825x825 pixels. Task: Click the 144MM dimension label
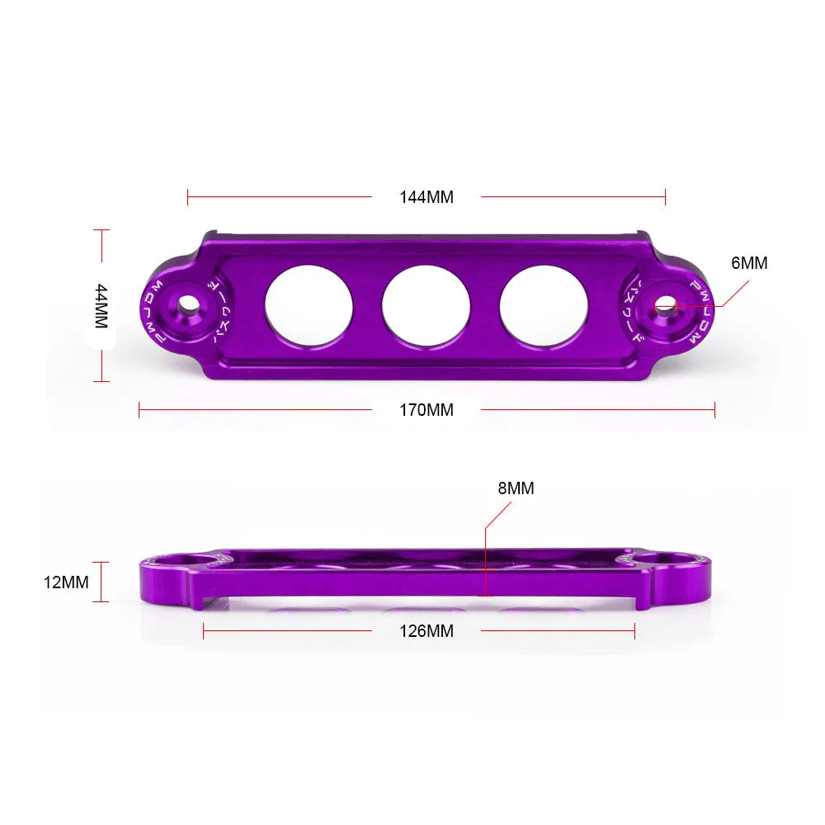coord(427,197)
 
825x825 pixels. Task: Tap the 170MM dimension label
coord(427,409)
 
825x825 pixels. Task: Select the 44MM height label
coord(101,306)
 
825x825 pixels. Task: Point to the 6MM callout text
coord(749,263)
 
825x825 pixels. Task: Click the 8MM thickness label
coord(516,488)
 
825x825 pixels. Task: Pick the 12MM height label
coord(66,582)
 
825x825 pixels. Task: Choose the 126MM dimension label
coord(427,631)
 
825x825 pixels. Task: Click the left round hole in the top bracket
coord(309,306)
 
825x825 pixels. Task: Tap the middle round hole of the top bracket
coord(426,306)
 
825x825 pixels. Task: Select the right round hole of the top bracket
coord(543,306)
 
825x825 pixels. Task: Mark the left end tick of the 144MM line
coord(188,197)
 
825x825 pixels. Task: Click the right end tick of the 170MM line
coord(714,409)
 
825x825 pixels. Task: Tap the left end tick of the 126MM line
coord(204,631)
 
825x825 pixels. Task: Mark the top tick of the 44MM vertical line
coord(101,230)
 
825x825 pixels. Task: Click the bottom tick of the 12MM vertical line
coord(101,601)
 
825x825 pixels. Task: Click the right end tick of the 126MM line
coord(634,631)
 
